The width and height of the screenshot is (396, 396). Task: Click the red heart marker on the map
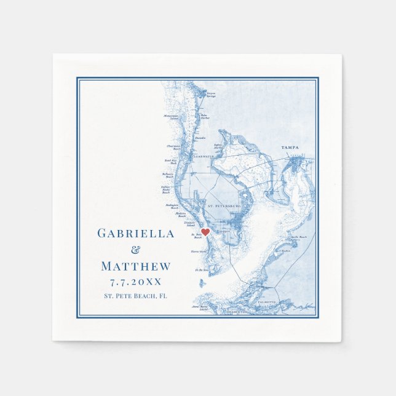tap(205, 232)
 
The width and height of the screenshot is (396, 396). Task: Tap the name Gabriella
tap(136, 233)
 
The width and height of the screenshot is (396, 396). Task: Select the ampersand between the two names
tap(136, 250)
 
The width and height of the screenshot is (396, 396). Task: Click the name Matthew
tap(136, 266)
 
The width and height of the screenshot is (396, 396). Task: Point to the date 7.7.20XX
tap(136, 282)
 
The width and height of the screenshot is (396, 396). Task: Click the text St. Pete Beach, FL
tap(136, 296)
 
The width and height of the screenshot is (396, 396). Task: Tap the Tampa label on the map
tap(290, 148)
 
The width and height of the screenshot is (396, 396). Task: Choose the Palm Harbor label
tap(204, 116)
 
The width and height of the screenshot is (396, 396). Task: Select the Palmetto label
tap(266, 303)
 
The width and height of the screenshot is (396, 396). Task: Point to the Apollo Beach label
tap(298, 237)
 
